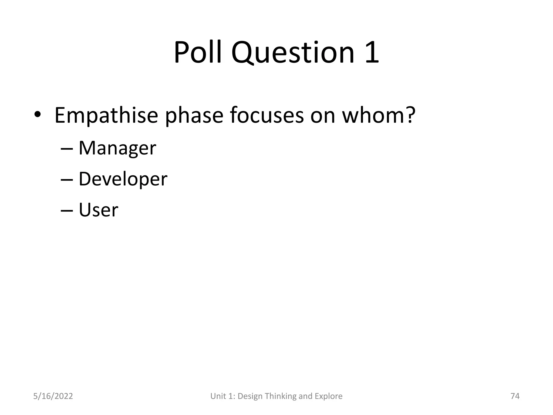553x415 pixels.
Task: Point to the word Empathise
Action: [x=106, y=116]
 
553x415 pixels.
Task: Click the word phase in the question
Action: [x=194, y=116]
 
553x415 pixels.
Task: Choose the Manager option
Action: [x=117, y=148]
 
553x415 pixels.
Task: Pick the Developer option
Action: [x=123, y=179]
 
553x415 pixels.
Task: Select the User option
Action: [x=98, y=210]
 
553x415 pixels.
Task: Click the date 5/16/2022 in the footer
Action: [x=53, y=396]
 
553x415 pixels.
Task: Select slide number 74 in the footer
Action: [x=515, y=396]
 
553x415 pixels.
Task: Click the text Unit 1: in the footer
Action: [x=222, y=396]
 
